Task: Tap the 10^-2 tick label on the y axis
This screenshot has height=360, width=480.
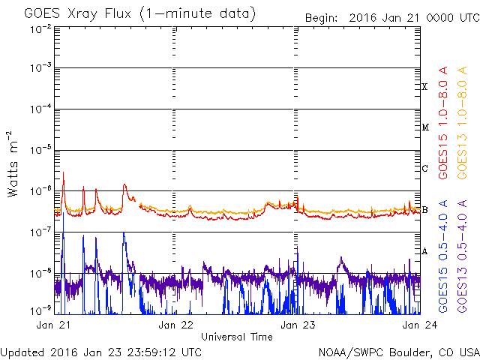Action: [40, 28]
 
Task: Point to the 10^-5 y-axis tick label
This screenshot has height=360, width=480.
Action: [40, 150]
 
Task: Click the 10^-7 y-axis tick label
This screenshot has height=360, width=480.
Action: [40, 231]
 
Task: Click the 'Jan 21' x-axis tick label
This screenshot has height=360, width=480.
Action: [53, 325]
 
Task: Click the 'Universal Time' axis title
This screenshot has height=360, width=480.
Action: [236, 337]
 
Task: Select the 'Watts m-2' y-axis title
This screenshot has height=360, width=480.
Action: [13, 163]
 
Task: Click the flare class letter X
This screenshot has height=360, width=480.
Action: [424, 87]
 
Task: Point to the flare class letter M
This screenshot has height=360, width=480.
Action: [424, 127]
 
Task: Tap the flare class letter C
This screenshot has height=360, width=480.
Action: [424, 168]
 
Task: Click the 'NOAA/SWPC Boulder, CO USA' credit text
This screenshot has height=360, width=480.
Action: [398, 352]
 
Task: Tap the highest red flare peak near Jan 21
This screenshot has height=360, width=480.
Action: [63, 172]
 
